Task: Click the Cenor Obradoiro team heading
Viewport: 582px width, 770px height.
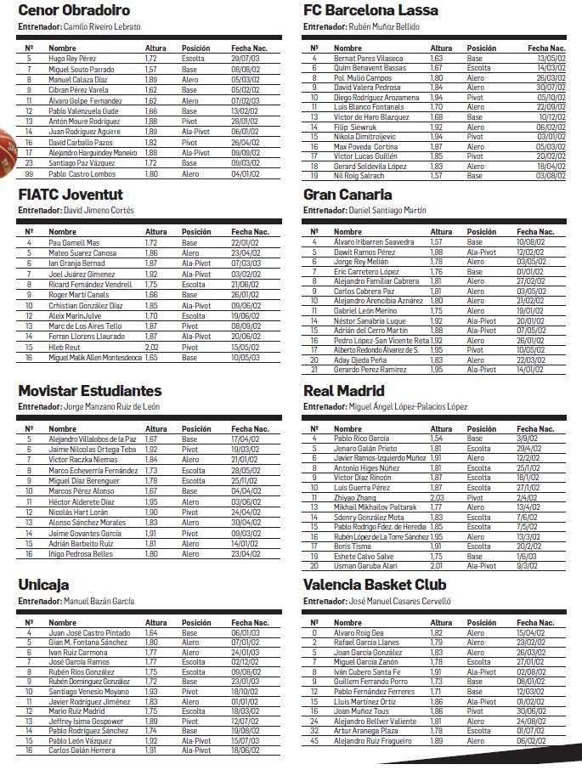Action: pyautogui.click(x=74, y=11)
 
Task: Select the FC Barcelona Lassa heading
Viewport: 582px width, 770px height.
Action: pyautogui.click(x=370, y=11)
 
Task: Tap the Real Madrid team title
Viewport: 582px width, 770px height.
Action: pyautogui.click(x=343, y=391)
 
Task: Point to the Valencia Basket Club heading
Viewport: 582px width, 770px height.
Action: pyautogui.click(x=375, y=585)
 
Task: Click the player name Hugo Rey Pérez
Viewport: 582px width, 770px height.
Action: pyautogui.click(x=73, y=59)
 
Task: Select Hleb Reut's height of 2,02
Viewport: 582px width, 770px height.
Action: pyautogui.click(x=151, y=347)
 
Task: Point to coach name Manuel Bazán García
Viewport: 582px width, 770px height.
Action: pyautogui.click(x=99, y=601)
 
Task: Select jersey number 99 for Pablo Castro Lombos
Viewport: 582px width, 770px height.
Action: pyautogui.click(x=29, y=173)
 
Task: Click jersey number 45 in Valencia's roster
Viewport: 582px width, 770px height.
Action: pyautogui.click(x=314, y=740)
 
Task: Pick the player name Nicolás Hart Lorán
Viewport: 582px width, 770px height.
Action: pyautogui.click(x=79, y=512)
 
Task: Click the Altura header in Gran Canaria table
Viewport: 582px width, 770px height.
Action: pyautogui.click(x=441, y=232)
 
